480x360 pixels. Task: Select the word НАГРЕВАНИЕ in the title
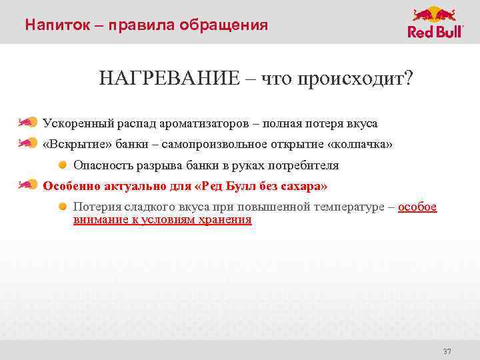[167, 79]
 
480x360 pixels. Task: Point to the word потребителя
[305, 165]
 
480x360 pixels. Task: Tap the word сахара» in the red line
[304, 185]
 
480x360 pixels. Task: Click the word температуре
[347, 207]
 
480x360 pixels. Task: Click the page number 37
[447, 351]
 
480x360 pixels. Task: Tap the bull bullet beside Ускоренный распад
[27, 123]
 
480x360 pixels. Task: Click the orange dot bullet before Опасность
[62, 164]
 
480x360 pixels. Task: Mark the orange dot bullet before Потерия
[62, 206]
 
